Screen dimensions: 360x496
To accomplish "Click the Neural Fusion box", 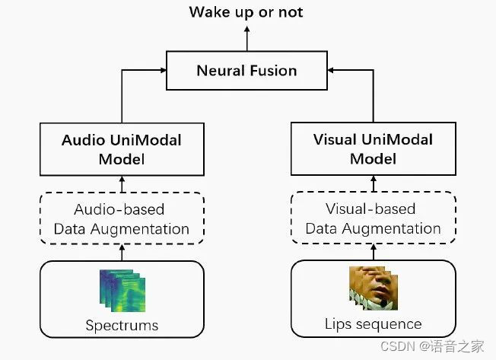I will click(x=247, y=71).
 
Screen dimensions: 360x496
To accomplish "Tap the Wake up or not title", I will click(x=246, y=11).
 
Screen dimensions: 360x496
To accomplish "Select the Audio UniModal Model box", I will click(x=122, y=150).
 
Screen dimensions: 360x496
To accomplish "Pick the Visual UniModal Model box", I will click(x=373, y=150).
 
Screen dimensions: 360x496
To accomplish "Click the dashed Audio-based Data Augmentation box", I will click(x=122, y=218).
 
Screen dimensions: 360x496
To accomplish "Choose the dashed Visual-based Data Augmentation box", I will click(x=373, y=218).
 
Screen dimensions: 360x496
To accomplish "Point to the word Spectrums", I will click(x=122, y=326).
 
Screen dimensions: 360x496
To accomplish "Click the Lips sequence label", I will click(x=373, y=324).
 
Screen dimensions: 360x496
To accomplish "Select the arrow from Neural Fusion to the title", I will click(x=246, y=37).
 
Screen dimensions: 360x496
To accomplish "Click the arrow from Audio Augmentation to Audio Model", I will click(x=122, y=184).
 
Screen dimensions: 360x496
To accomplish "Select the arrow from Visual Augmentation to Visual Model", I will click(x=373, y=184).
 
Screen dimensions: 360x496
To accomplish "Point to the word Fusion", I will click(x=272, y=71).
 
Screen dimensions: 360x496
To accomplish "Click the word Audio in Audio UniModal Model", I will click(x=84, y=141).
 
